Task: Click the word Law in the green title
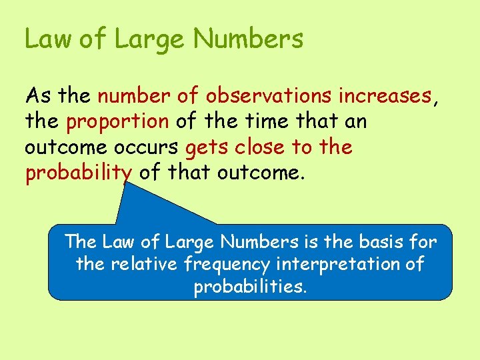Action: pos(48,39)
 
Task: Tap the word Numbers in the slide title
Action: pos(249,39)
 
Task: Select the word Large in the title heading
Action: pos(151,40)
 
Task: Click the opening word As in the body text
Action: pos(38,96)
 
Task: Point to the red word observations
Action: pos(269,96)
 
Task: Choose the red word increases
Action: pos(385,96)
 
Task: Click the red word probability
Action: pos(78,173)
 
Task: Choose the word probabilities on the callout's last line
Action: pos(250,288)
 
